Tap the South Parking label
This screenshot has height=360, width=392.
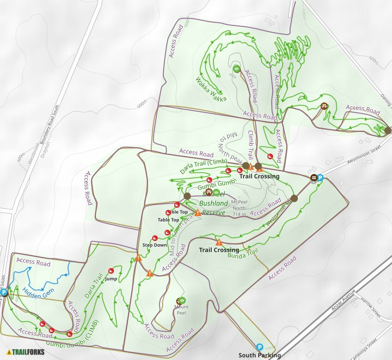pyautogui.click(x=259, y=355)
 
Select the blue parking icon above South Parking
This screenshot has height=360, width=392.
pyautogui.click(x=259, y=347)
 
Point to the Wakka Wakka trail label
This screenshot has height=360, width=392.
pyautogui.click(x=211, y=89)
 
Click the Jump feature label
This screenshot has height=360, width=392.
pyautogui.click(x=111, y=279)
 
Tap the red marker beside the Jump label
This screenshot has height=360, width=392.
pyautogui.click(x=111, y=271)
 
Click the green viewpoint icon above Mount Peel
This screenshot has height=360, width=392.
pyautogui.click(x=182, y=300)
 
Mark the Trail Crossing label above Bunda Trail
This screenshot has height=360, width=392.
pyautogui.click(x=219, y=250)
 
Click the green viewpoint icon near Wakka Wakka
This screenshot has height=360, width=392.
pyautogui.click(x=237, y=69)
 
